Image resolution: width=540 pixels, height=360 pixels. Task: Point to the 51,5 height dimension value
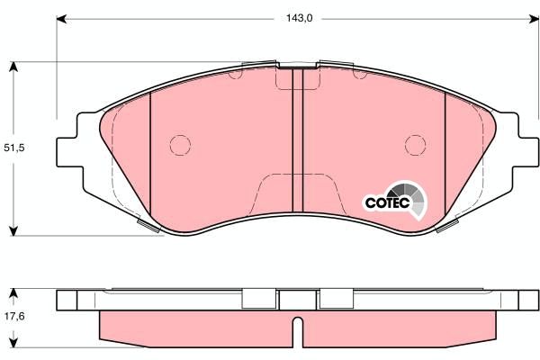13,148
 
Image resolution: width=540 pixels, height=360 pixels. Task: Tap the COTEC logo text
387,203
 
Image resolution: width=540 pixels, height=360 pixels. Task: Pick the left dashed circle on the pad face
180,144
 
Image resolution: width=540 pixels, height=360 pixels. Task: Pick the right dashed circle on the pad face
415,144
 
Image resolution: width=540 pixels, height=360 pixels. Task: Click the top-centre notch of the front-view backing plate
299,65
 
